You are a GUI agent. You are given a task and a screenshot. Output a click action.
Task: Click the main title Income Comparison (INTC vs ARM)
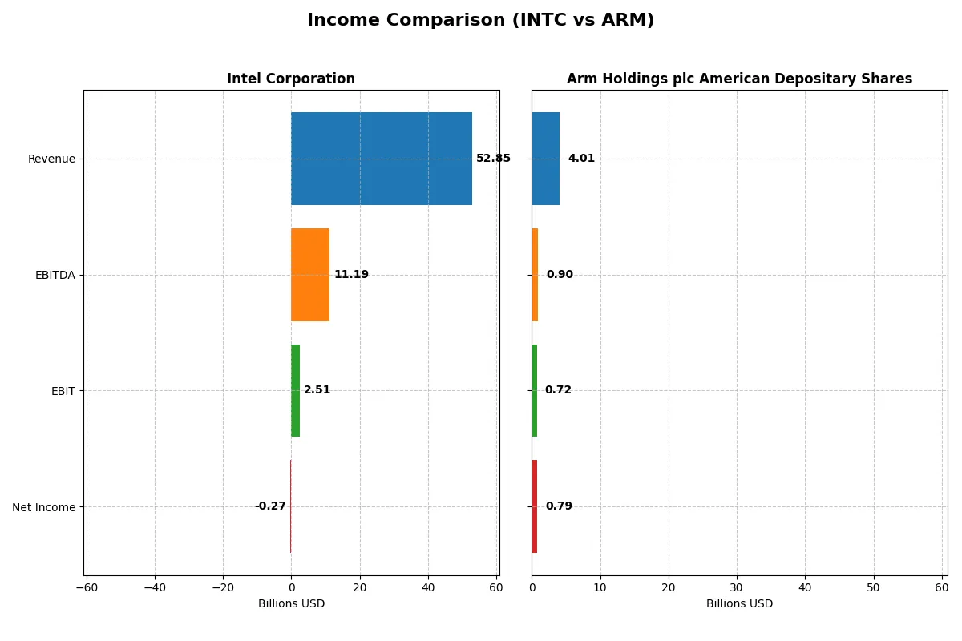[480, 21]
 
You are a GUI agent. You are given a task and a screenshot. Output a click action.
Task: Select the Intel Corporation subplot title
[291, 79]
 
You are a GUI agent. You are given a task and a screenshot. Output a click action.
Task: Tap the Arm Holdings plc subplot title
[739, 79]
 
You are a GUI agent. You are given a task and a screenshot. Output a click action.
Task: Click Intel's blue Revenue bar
[382, 159]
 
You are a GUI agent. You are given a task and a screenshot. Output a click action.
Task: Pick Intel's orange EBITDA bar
[310, 275]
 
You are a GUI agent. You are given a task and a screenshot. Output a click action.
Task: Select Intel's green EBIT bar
[295, 390]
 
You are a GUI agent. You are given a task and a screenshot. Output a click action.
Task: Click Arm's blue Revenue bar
[545, 159]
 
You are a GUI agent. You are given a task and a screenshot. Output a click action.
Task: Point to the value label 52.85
[493, 159]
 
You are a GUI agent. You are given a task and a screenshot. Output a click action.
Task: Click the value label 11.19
[351, 275]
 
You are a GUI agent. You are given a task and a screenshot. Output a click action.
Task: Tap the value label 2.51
[317, 390]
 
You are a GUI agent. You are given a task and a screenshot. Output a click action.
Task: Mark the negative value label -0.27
[270, 506]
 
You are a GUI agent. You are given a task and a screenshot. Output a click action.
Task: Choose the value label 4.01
[581, 159]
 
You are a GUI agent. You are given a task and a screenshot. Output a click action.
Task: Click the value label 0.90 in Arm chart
[560, 275]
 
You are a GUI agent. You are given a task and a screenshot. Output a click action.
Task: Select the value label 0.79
[559, 506]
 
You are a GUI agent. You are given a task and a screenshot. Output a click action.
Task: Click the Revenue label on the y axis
[51, 159]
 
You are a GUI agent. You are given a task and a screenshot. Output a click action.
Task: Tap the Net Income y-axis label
[44, 506]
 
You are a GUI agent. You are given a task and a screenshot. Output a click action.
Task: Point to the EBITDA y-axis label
[55, 275]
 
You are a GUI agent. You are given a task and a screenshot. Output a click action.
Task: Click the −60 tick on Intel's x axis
[87, 587]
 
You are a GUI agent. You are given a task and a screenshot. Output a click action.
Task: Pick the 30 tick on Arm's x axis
[737, 587]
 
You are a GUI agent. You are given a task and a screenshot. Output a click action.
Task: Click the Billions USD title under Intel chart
[291, 603]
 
